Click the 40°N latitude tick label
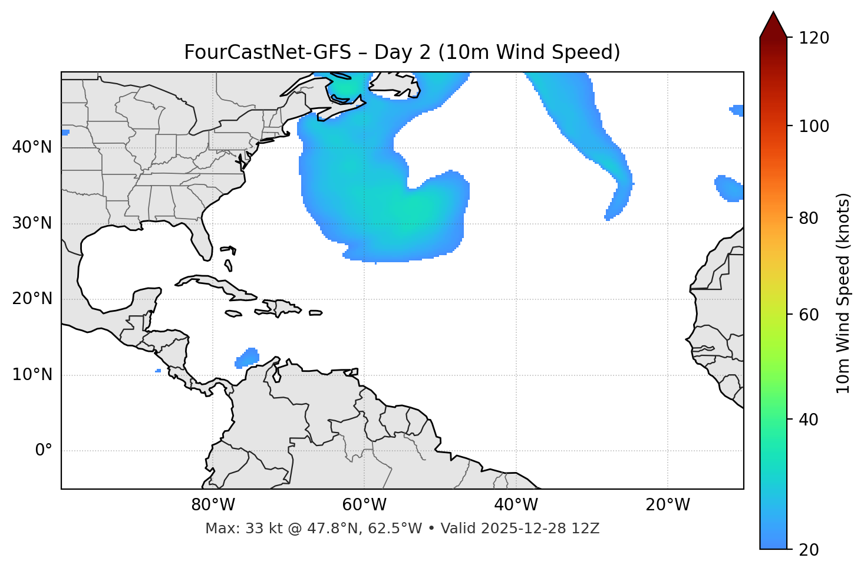32,147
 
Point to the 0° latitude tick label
43,451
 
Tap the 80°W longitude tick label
213,505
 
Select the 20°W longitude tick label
668,505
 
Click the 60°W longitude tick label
364,505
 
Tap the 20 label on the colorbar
809,550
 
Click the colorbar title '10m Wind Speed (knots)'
843,293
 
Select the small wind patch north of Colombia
248,357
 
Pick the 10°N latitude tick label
32,375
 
